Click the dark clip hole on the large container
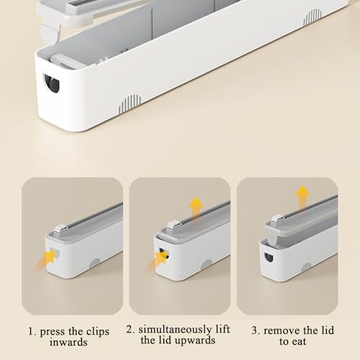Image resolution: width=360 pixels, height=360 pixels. point(52,84)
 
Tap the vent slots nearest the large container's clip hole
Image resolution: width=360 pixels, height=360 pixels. point(128,105)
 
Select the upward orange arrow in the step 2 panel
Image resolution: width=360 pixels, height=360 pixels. point(196,207)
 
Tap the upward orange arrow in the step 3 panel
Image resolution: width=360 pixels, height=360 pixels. point(302,195)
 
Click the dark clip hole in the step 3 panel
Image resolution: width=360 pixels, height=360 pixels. point(269,257)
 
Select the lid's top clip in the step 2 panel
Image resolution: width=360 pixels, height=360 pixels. point(171,225)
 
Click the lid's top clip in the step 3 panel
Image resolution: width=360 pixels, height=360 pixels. point(277,219)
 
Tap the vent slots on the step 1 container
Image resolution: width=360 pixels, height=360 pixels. point(94,264)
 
